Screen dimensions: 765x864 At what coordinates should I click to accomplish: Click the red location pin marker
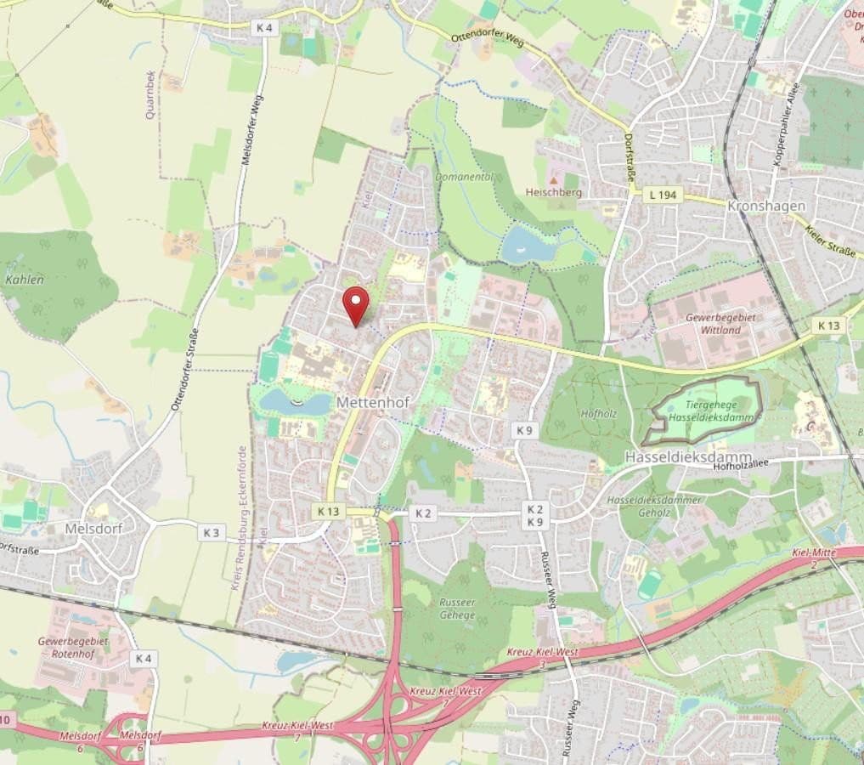point(355,303)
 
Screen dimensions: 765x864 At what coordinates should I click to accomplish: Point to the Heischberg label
point(553,193)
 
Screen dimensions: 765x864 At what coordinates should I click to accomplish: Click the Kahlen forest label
point(24,279)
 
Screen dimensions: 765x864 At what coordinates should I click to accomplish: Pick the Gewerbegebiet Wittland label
point(714,324)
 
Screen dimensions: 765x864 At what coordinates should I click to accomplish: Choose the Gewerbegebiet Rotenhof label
point(73,647)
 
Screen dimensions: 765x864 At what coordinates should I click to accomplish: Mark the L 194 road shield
point(662,195)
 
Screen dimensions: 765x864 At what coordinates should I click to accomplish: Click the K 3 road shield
point(212,533)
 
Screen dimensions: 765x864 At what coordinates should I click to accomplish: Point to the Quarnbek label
point(151,94)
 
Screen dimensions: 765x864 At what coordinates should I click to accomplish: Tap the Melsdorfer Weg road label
point(252,129)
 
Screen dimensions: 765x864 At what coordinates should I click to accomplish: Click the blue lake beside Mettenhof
point(293,402)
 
